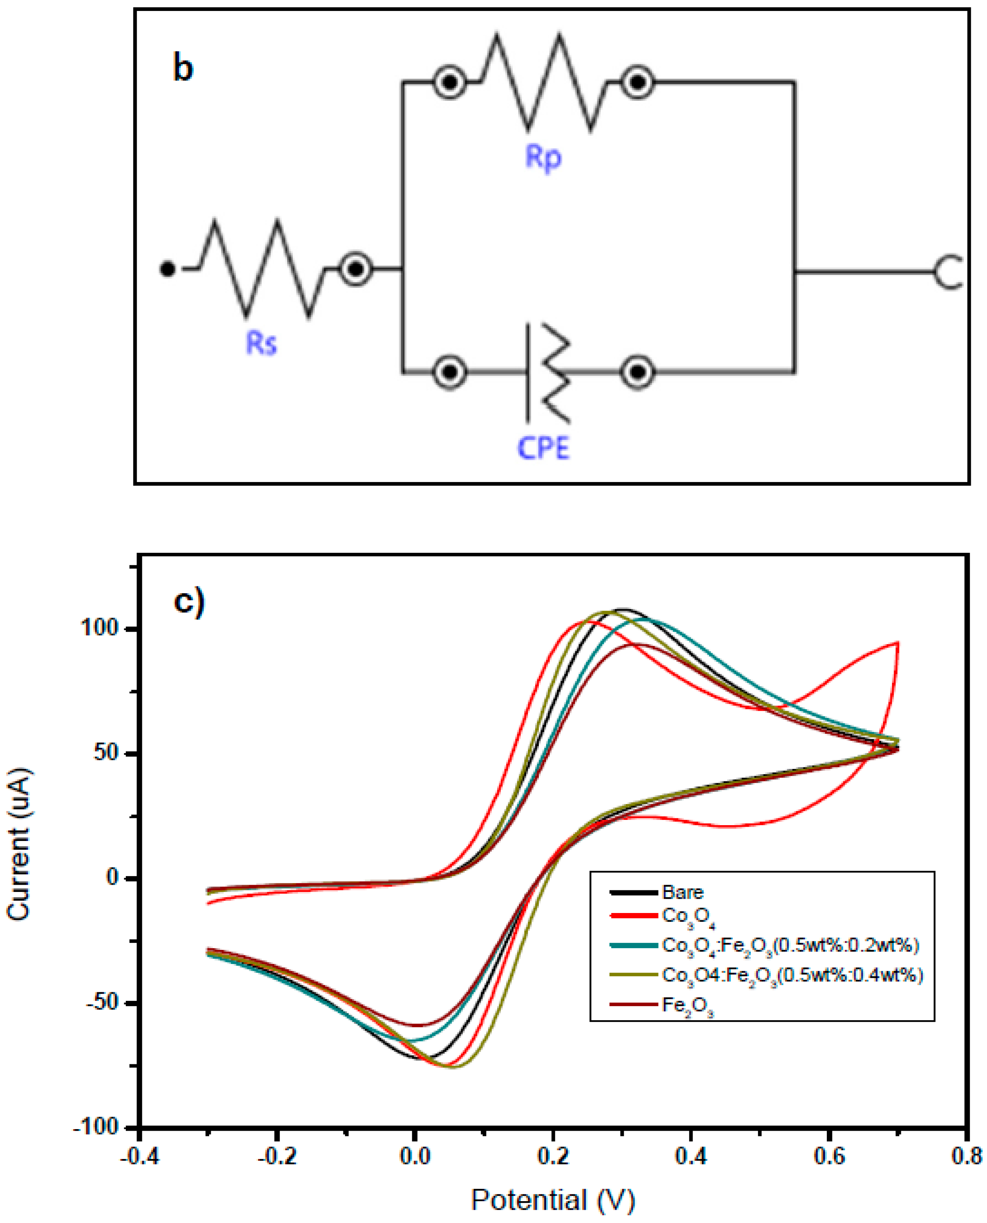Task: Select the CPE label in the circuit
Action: pyautogui.click(x=543, y=448)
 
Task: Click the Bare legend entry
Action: pyautogui.click(x=682, y=892)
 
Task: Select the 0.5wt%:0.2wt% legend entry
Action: pyautogui.click(x=790, y=945)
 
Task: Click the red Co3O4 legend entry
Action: pyautogui.click(x=688, y=916)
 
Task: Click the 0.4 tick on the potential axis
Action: pyautogui.click(x=690, y=1157)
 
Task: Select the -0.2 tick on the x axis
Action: pyautogui.click(x=276, y=1157)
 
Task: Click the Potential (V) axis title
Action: pyautogui.click(x=553, y=1201)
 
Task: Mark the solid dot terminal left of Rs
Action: pyautogui.click(x=167, y=268)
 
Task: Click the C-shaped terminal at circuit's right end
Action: pyautogui.click(x=948, y=272)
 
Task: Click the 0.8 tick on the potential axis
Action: pyautogui.click(x=966, y=1157)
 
